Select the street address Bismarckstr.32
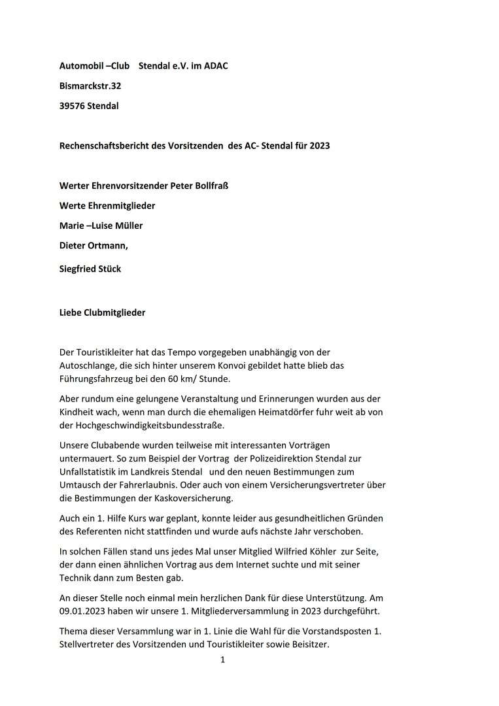tap(90, 86)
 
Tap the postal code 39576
tap(73, 105)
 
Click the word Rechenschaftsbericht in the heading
tap(107, 145)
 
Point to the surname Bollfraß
tap(208, 186)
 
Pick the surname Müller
tap(128, 226)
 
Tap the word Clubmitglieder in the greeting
tap(114, 312)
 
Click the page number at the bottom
tap(222, 660)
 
